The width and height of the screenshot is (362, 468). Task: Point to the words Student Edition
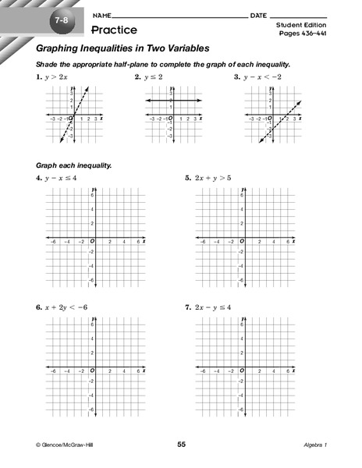click(x=299, y=26)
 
